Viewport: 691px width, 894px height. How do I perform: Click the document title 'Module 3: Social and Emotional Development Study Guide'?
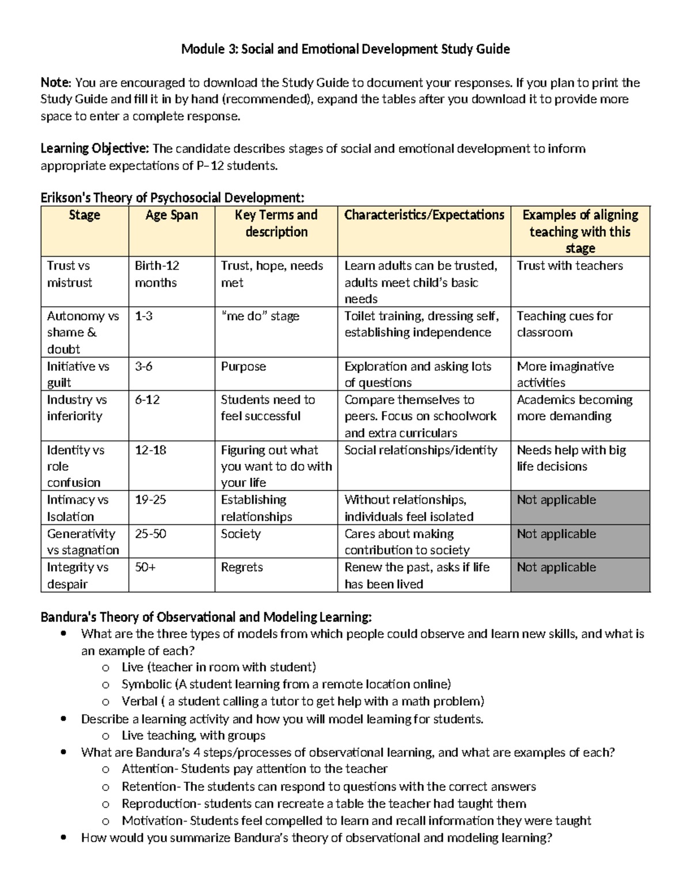[345, 49]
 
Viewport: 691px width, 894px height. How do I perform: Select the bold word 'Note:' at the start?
[56, 83]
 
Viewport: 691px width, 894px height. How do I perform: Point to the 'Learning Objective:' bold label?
[94, 149]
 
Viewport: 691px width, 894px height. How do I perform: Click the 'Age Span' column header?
[172, 215]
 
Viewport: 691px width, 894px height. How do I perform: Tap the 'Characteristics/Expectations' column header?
[424, 215]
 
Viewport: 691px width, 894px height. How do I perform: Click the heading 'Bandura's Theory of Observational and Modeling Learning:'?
[206, 618]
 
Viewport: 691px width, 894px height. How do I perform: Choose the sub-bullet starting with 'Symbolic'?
[286, 684]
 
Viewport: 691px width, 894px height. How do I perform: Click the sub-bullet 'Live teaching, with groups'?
[193, 736]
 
